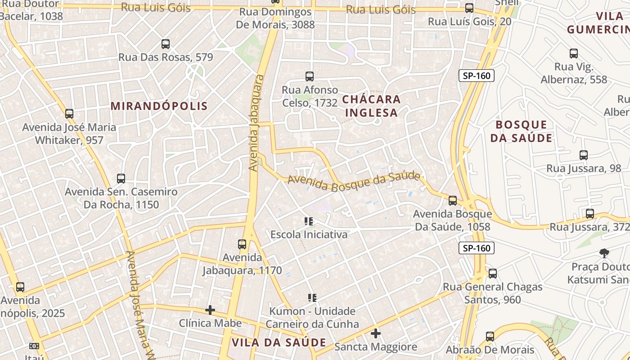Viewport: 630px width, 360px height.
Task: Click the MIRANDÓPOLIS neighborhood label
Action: tap(159, 106)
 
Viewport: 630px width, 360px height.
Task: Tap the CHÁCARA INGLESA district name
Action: tap(371, 106)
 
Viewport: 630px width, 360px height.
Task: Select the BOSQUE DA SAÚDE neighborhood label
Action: tap(521, 131)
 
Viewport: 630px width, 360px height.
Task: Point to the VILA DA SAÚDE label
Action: tap(279, 342)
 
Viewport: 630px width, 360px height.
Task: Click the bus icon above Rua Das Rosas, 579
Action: tap(166, 44)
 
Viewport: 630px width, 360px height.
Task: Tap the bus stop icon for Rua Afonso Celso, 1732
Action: tap(310, 76)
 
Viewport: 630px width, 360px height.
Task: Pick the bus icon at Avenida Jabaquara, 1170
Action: tap(242, 244)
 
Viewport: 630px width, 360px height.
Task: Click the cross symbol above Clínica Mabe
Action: tap(210, 310)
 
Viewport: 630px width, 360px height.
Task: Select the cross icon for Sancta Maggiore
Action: tap(376, 333)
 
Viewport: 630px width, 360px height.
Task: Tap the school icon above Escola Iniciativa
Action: tap(309, 221)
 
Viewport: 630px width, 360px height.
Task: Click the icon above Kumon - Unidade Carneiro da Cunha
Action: tap(312, 297)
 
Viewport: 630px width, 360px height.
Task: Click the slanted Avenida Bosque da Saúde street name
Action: tap(354, 182)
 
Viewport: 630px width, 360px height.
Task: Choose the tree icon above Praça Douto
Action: tap(604, 253)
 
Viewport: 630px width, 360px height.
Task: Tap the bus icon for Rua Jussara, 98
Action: tap(584, 155)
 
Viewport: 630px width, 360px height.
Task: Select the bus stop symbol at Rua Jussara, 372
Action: tap(590, 214)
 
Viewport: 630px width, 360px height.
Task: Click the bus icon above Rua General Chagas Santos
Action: tap(493, 273)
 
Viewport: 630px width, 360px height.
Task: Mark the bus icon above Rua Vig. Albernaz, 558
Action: tap(574, 54)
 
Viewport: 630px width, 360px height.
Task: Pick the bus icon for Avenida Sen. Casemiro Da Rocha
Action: tap(121, 179)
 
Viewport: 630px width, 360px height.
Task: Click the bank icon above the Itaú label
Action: tap(34, 346)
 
